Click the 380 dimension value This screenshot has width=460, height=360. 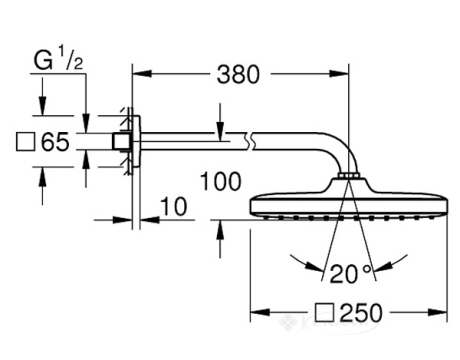238,74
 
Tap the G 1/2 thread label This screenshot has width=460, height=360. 58,58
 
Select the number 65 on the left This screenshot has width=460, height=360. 55,142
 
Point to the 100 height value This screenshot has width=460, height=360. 221,182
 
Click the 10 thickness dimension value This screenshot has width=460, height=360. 174,206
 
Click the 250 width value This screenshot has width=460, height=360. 362,313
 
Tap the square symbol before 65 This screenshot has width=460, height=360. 25,142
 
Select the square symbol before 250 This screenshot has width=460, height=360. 324,312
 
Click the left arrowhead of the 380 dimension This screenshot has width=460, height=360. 142,74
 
